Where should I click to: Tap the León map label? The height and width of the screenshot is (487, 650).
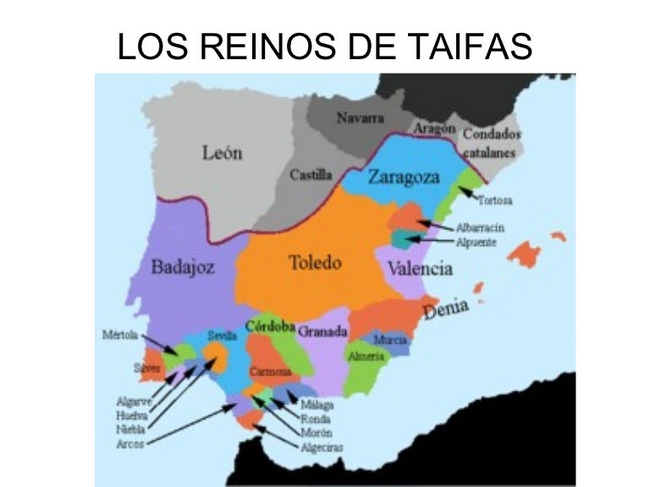[223, 153]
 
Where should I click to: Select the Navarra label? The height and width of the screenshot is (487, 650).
[361, 118]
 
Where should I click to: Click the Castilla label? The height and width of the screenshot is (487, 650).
[311, 176]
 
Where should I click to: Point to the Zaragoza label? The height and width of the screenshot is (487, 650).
[404, 178]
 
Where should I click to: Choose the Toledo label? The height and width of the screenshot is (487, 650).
[315, 263]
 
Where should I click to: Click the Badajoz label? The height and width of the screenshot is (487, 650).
[183, 268]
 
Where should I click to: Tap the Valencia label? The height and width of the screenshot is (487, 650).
[420, 269]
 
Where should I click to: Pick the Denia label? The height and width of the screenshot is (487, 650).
[446, 310]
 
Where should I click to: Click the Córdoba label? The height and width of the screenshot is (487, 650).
[270, 326]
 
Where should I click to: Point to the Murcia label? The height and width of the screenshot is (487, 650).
[390, 340]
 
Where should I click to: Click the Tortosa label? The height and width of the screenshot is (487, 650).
[495, 201]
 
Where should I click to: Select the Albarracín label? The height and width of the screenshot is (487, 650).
[480, 227]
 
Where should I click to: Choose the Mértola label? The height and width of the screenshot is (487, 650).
[119, 334]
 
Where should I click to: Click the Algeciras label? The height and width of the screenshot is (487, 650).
[322, 447]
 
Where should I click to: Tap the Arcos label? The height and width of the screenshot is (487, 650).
[130, 442]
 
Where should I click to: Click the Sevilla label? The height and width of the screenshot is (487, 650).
[222, 336]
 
